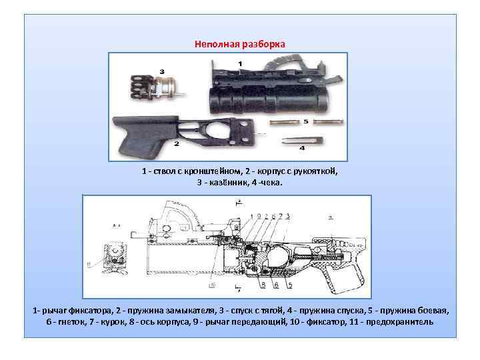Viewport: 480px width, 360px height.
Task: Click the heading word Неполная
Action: point(215,44)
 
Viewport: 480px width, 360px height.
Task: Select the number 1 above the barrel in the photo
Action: point(240,63)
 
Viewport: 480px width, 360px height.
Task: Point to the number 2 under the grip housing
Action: point(176,143)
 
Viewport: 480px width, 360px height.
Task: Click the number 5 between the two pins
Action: point(305,121)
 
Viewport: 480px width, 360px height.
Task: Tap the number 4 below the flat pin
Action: point(302,147)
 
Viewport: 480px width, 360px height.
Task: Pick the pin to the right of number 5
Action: point(329,122)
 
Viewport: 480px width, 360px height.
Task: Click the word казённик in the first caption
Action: point(227,182)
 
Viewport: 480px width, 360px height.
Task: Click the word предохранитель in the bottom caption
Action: point(401,321)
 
